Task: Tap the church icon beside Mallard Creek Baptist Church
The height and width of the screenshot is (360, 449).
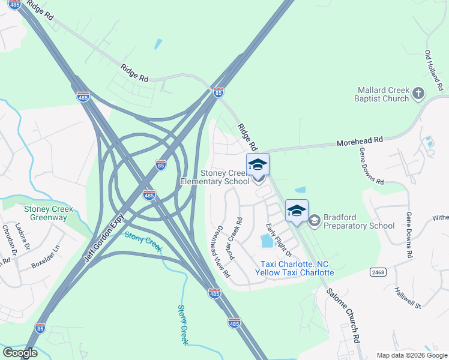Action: point(418,94)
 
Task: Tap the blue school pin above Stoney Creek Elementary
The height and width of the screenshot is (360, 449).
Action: point(258,164)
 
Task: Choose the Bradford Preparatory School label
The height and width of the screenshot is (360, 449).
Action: point(359,221)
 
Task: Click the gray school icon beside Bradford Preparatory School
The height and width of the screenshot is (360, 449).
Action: point(314,221)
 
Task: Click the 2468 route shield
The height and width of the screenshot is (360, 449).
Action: point(377,272)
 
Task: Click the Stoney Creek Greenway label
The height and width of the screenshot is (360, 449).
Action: point(49,213)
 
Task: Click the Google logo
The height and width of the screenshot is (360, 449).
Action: point(20,353)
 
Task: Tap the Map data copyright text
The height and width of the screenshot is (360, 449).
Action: point(411,355)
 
